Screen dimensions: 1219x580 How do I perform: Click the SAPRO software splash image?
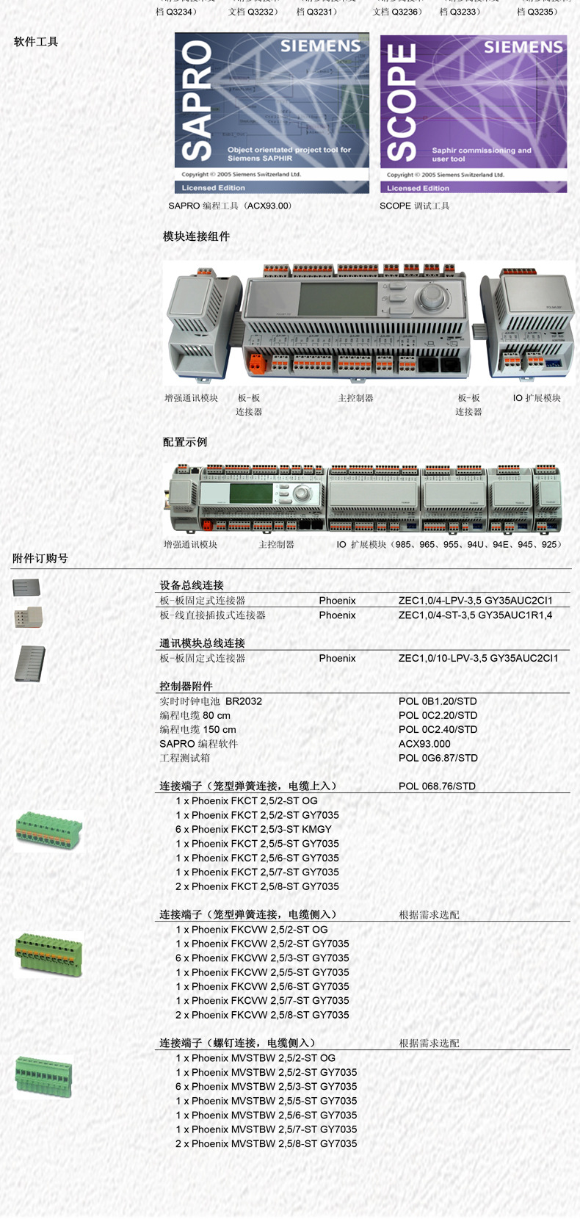point(272,112)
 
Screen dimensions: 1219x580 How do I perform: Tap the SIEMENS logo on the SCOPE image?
point(523,48)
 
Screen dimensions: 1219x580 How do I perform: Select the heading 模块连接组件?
point(196,236)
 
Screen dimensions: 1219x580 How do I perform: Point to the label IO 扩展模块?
point(537,398)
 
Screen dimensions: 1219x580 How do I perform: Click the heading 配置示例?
point(185,442)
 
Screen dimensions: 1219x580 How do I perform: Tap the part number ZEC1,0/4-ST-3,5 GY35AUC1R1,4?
point(475,615)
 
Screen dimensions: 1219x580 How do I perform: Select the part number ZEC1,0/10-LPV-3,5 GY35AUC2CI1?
point(478,659)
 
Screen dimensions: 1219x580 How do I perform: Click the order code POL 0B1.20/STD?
point(438,701)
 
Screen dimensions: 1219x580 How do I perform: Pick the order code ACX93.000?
point(424,744)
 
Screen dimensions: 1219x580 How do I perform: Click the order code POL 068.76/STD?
point(437,786)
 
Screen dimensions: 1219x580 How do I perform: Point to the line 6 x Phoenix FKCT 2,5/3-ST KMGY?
point(253,829)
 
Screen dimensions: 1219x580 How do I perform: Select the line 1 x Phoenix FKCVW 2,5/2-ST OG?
point(252,930)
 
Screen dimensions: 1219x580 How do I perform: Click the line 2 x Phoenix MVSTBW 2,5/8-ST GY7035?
point(266,1144)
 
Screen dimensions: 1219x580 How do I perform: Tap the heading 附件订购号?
point(40,559)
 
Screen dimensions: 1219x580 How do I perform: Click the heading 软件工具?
point(36,42)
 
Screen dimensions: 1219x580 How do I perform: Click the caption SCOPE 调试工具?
point(414,206)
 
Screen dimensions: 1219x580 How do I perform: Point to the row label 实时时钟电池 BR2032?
point(211,701)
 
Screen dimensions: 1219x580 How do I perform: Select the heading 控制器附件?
point(186,687)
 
